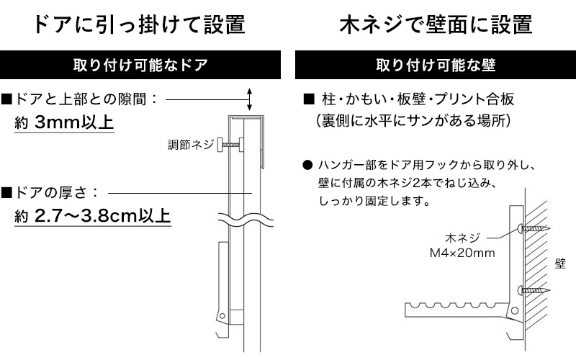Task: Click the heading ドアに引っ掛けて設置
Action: (x=140, y=24)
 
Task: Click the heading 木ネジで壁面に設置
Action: (x=436, y=24)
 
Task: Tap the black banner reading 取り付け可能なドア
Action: (x=140, y=65)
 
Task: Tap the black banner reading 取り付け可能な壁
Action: (x=436, y=65)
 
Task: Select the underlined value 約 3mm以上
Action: (x=64, y=122)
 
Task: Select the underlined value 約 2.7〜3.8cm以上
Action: (x=93, y=216)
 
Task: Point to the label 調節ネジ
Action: (x=191, y=145)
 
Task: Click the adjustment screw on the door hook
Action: (x=230, y=145)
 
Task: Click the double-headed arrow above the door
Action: (x=249, y=99)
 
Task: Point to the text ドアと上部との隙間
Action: (x=81, y=99)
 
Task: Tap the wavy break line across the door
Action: (x=246, y=220)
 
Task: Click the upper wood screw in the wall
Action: (x=534, y=228)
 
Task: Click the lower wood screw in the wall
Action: (x=534, y=291)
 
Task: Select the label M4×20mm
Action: (x=462, y=253)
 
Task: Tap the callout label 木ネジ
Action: (x=462, y=238)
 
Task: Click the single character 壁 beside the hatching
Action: (x=560, y=264)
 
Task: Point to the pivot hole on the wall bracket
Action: (x=515, y=311)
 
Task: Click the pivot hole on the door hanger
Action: (x=222, y=315)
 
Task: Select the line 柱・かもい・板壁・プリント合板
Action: (x=418, y=99)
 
